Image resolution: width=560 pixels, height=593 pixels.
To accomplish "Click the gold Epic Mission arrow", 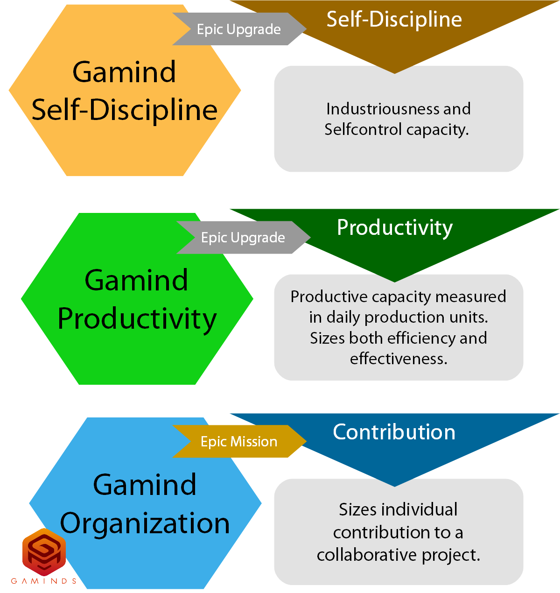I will coord(239,441).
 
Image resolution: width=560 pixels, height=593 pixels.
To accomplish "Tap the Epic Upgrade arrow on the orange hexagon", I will coord(239,29).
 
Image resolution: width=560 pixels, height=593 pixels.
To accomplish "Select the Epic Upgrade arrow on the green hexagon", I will coord(243,237).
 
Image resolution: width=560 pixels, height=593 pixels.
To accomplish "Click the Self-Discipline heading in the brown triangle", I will coord(394,20).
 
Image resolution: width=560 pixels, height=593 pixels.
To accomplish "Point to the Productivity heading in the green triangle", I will coord(395,228).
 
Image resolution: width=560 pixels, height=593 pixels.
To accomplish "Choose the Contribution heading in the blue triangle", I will coord(394,432).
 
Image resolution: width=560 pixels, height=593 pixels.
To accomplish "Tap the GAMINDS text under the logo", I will coord(44,581).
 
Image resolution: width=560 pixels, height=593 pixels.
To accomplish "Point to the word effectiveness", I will coord(399,359).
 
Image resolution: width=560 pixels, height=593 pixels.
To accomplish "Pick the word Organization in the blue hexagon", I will coord(145,523).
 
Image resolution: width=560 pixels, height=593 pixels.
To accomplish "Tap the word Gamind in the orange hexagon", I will coord(125,72).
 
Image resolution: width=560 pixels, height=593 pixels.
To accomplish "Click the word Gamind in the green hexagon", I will coord(137,280).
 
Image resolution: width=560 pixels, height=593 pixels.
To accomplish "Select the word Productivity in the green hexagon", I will coord(137,319).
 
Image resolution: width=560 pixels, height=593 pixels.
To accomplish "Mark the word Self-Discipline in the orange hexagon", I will coord(125,110).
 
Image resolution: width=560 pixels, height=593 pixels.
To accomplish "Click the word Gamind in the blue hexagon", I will coord(145,485).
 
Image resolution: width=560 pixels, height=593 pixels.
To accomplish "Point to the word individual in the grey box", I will coord(419,509).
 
